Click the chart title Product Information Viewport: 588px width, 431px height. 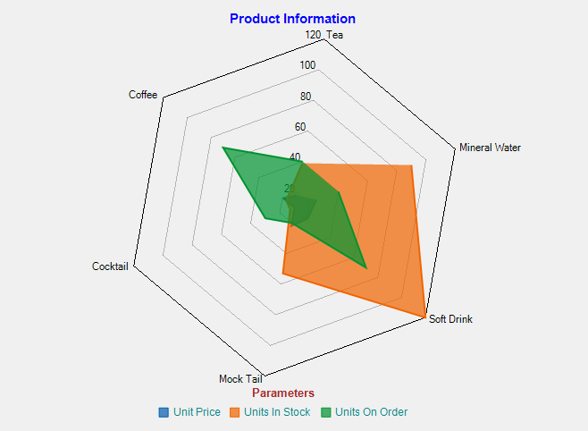[x=292, y=19]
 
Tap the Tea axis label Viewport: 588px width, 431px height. [x=334, y=35]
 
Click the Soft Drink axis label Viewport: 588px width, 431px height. [x=450, y=319]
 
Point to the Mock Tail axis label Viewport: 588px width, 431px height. [x=240, y=378]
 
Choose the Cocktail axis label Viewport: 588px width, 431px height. [x=110, y=266]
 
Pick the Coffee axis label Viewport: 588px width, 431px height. [x=143, y=95]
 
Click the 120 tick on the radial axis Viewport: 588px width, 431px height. [x=313, y=35]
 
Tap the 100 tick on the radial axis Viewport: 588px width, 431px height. [x=307, y=65]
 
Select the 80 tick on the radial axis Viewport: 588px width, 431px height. [x=306, y=97]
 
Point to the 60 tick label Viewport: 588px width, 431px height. [x=300, y=127]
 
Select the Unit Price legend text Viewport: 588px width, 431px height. [x=197, y=412]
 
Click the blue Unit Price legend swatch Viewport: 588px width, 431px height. [x=164, y=412]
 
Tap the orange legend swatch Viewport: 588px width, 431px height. [x=236, y=412]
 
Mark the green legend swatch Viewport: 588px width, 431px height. [x=326, y=412]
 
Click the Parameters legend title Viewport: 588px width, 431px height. [x=283, y=393]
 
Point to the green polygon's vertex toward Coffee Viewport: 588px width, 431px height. [x=223, y=148]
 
